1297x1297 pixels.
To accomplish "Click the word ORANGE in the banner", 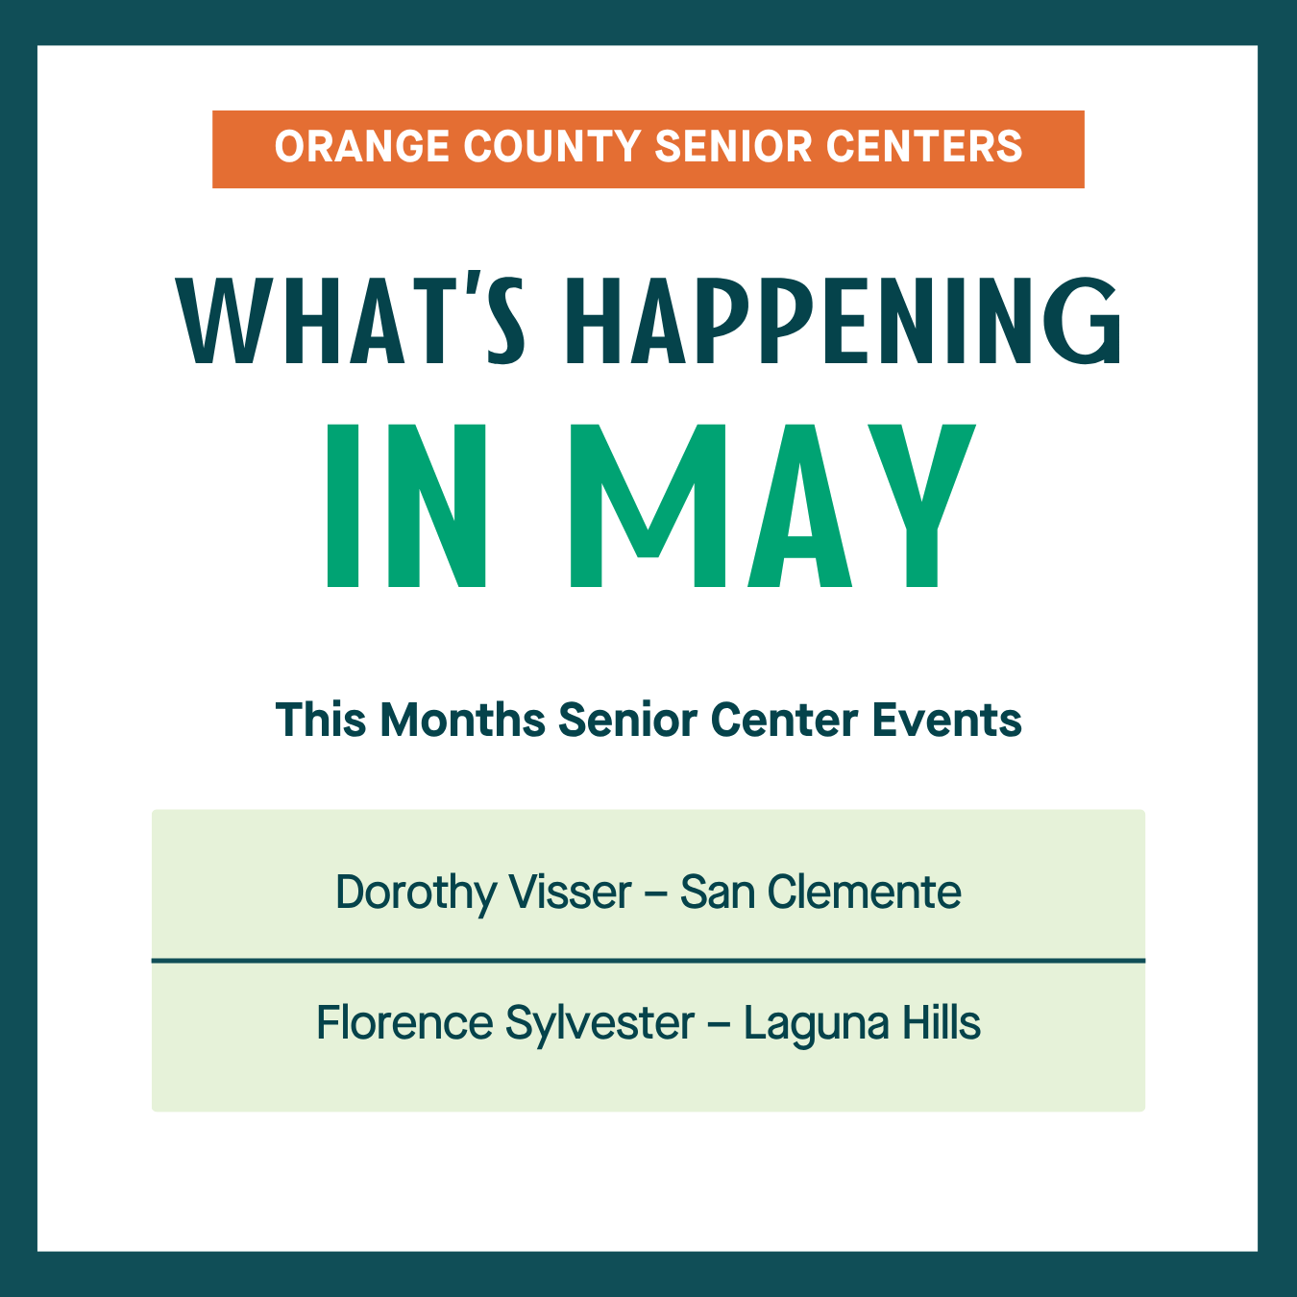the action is point(362,147).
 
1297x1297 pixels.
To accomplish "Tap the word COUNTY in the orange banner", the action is point(551,147).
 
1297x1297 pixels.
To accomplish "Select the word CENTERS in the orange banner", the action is point(924,147).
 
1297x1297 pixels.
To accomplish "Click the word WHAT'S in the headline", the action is point(350,318).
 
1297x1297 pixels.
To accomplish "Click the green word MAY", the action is point(773,505).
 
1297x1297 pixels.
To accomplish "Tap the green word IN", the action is point(406,505).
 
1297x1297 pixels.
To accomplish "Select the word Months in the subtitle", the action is point(463,720).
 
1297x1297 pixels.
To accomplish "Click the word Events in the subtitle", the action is point(947,720).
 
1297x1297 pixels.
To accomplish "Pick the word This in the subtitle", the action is point(321,720).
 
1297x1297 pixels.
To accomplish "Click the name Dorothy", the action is point(416,893).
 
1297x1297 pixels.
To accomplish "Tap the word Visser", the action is point(570,892).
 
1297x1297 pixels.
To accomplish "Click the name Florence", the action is point(405,1022).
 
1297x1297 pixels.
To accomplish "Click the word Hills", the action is point(941,1022).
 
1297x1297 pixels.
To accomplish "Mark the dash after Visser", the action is point(655,894).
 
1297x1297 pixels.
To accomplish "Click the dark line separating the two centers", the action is point(648,961).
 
